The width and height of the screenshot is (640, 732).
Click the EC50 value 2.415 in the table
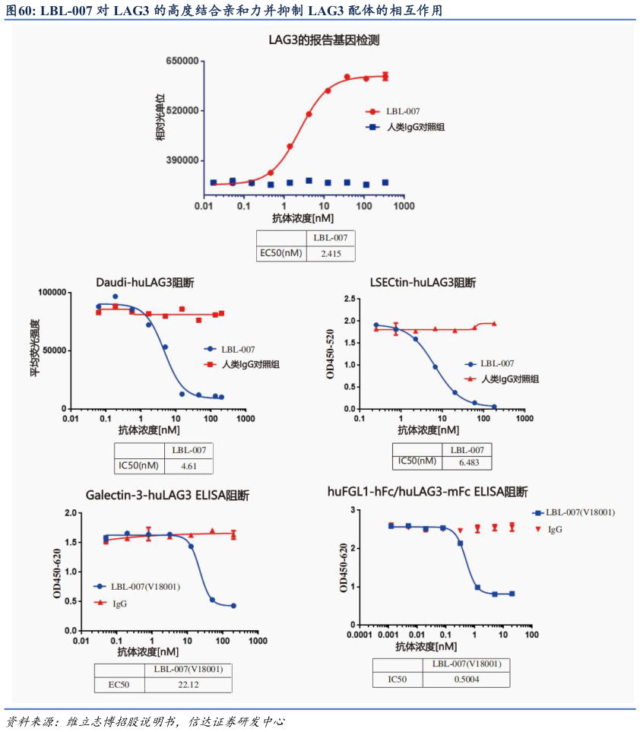[x=331, y=253]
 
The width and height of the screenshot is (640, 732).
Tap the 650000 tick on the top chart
[x=182, y=61]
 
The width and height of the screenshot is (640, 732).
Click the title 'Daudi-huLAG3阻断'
[x=145, y=283]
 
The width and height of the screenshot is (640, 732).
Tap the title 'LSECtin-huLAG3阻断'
[x=423, y=283]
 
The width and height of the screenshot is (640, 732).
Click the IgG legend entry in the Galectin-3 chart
[x=119, y=603]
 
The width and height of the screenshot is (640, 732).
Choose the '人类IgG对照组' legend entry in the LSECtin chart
[x=509, y=379]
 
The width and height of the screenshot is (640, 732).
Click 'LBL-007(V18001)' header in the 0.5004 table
[x=466, y=664]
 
